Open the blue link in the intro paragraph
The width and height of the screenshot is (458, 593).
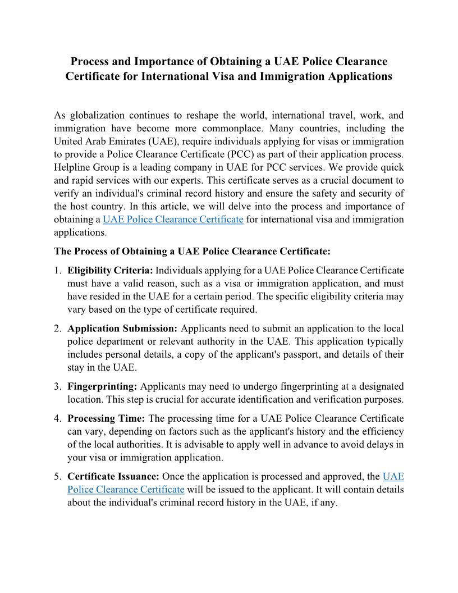coord(173,219)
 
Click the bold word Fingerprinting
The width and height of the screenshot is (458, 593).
coord(102,386)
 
